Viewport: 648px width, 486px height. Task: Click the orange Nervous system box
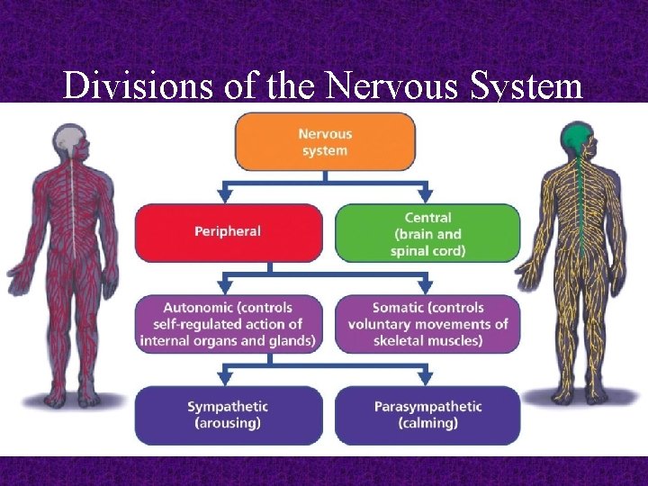pyautogui.click(x=325, y=141)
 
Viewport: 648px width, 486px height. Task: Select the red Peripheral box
pyautogui.click(x=228, y=232)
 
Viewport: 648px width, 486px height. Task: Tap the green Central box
pyautogui.click(x=427, y=233)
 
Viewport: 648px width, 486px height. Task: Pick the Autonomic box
pyautogui.click(x=228, y=324)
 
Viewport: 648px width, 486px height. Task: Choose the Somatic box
pyautogui.click(x=427, y=324)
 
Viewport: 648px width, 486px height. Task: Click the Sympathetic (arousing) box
pyautogui.click(x=228, y=415)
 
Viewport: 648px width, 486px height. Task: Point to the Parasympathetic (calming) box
pyautogui.click(x=427, y=415)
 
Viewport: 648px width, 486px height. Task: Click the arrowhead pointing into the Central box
pyautogui.click(x=426, y=195)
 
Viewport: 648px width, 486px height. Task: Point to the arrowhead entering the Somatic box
pyautogui.click(x=426, y=287)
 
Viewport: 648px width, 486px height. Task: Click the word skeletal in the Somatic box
pyautogui.click(x=392, y=340)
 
